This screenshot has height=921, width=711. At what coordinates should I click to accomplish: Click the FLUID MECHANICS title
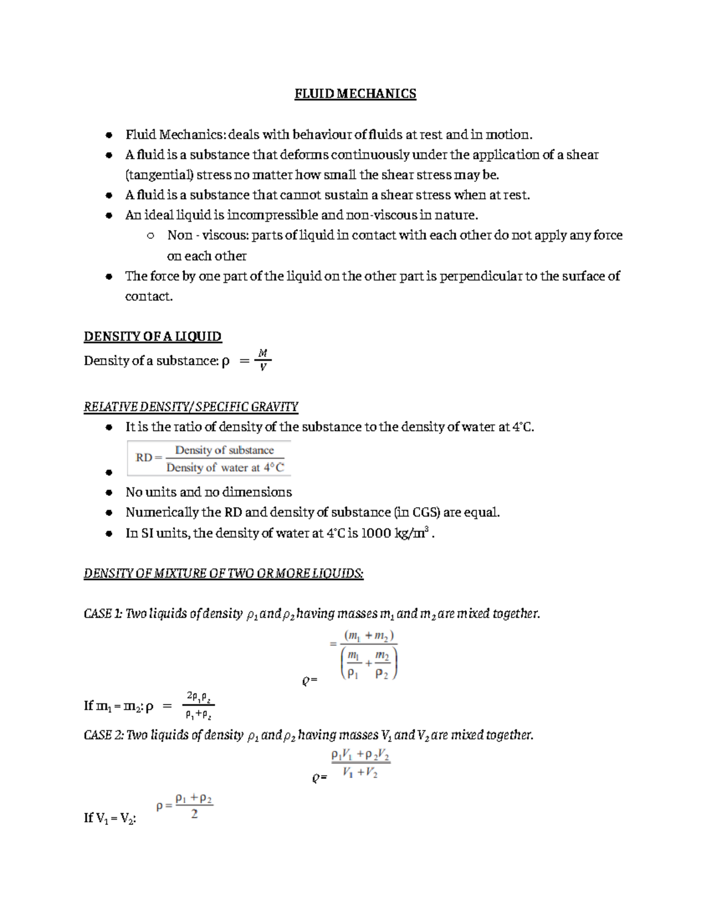tap(355, 94)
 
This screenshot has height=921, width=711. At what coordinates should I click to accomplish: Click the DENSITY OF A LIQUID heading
tap(152, 337)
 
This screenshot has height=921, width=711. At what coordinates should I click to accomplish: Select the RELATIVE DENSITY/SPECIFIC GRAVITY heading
tap(191, 407)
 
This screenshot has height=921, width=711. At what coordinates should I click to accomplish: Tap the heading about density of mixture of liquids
tap(223, 573)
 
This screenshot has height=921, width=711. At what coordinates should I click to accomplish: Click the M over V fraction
tap(262, 360)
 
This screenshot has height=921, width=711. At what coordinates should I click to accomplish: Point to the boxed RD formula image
tap(209, 458)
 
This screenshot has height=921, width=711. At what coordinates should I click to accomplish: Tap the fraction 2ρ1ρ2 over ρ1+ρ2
tap(198, 706)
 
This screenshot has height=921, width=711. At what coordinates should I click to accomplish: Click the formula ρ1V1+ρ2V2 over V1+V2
tap(360, 764)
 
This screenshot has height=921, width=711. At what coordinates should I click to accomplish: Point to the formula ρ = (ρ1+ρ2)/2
tap(185, 807)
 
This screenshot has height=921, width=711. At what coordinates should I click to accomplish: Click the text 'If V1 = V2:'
tap(110, 818)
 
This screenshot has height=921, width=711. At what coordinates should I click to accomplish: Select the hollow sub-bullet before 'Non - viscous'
tap(150, 236)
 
